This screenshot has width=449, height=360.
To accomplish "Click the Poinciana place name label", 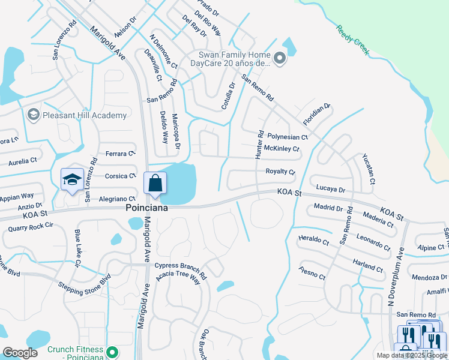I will pos(146,208).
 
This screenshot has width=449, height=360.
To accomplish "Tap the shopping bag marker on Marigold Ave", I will pos(155,184).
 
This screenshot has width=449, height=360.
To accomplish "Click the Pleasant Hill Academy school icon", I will pos(33,115).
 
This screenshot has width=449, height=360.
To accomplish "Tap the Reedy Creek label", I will pos(352,40).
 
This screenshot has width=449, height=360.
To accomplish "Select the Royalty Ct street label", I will pos(280,172).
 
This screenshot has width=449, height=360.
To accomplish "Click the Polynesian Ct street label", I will pos(288,137).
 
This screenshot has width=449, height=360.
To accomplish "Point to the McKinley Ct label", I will pos(282,148).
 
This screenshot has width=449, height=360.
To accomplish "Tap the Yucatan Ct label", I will pos(368,169).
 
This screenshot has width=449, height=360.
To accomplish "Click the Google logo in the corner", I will pos(20,353).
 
